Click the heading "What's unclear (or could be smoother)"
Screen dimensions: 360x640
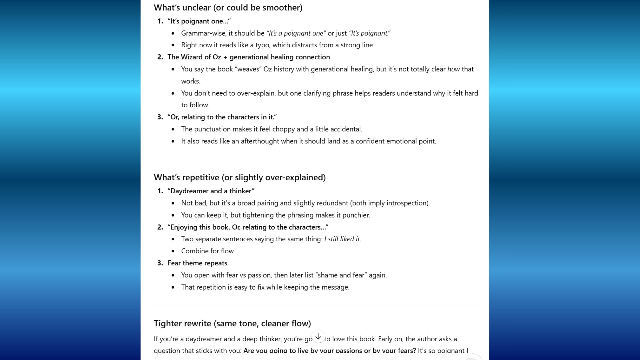point(228,8)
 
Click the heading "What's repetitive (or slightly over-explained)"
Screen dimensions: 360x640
point(239,177)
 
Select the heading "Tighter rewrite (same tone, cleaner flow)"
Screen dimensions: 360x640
point(232,323)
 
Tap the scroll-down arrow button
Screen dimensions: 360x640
point(318,337)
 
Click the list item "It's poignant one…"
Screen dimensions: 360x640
point(199,21)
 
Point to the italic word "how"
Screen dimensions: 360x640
point(453,69)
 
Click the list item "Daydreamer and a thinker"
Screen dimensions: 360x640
point(211,191)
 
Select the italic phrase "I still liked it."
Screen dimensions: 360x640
point(342,239)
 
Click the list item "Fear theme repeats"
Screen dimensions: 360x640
point(197,263)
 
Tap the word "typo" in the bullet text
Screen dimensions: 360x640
point(262,45)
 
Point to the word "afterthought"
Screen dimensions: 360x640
point(260,141)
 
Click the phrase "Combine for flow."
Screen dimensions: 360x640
point(208,251)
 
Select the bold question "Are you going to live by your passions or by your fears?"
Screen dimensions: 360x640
point(329,351)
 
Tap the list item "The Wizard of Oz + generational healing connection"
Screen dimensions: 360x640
point(249,57)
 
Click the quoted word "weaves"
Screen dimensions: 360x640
point(248,69)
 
